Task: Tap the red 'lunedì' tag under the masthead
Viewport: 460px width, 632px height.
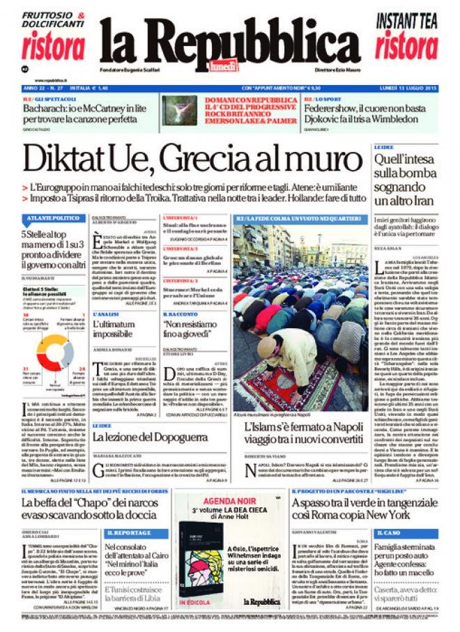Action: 224,66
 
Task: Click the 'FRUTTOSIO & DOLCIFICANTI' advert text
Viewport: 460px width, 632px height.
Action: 53,20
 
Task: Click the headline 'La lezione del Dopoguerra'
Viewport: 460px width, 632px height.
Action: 151,437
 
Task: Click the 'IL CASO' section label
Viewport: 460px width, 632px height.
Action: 390,533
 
